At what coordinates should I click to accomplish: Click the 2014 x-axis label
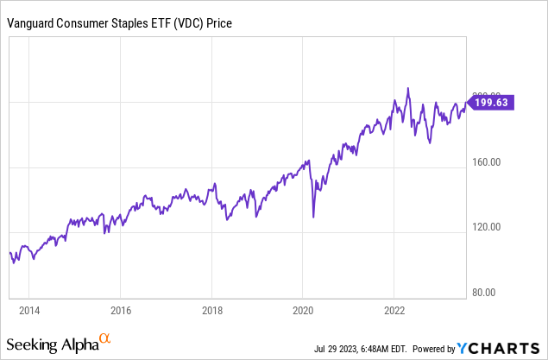29,310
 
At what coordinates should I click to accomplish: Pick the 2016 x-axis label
121,310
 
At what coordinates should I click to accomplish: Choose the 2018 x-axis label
212,310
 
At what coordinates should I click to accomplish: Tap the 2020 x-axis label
303,310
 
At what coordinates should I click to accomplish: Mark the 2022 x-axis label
394,310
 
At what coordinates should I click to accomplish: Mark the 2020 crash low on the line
313,217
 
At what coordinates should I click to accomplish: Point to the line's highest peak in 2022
407,88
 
